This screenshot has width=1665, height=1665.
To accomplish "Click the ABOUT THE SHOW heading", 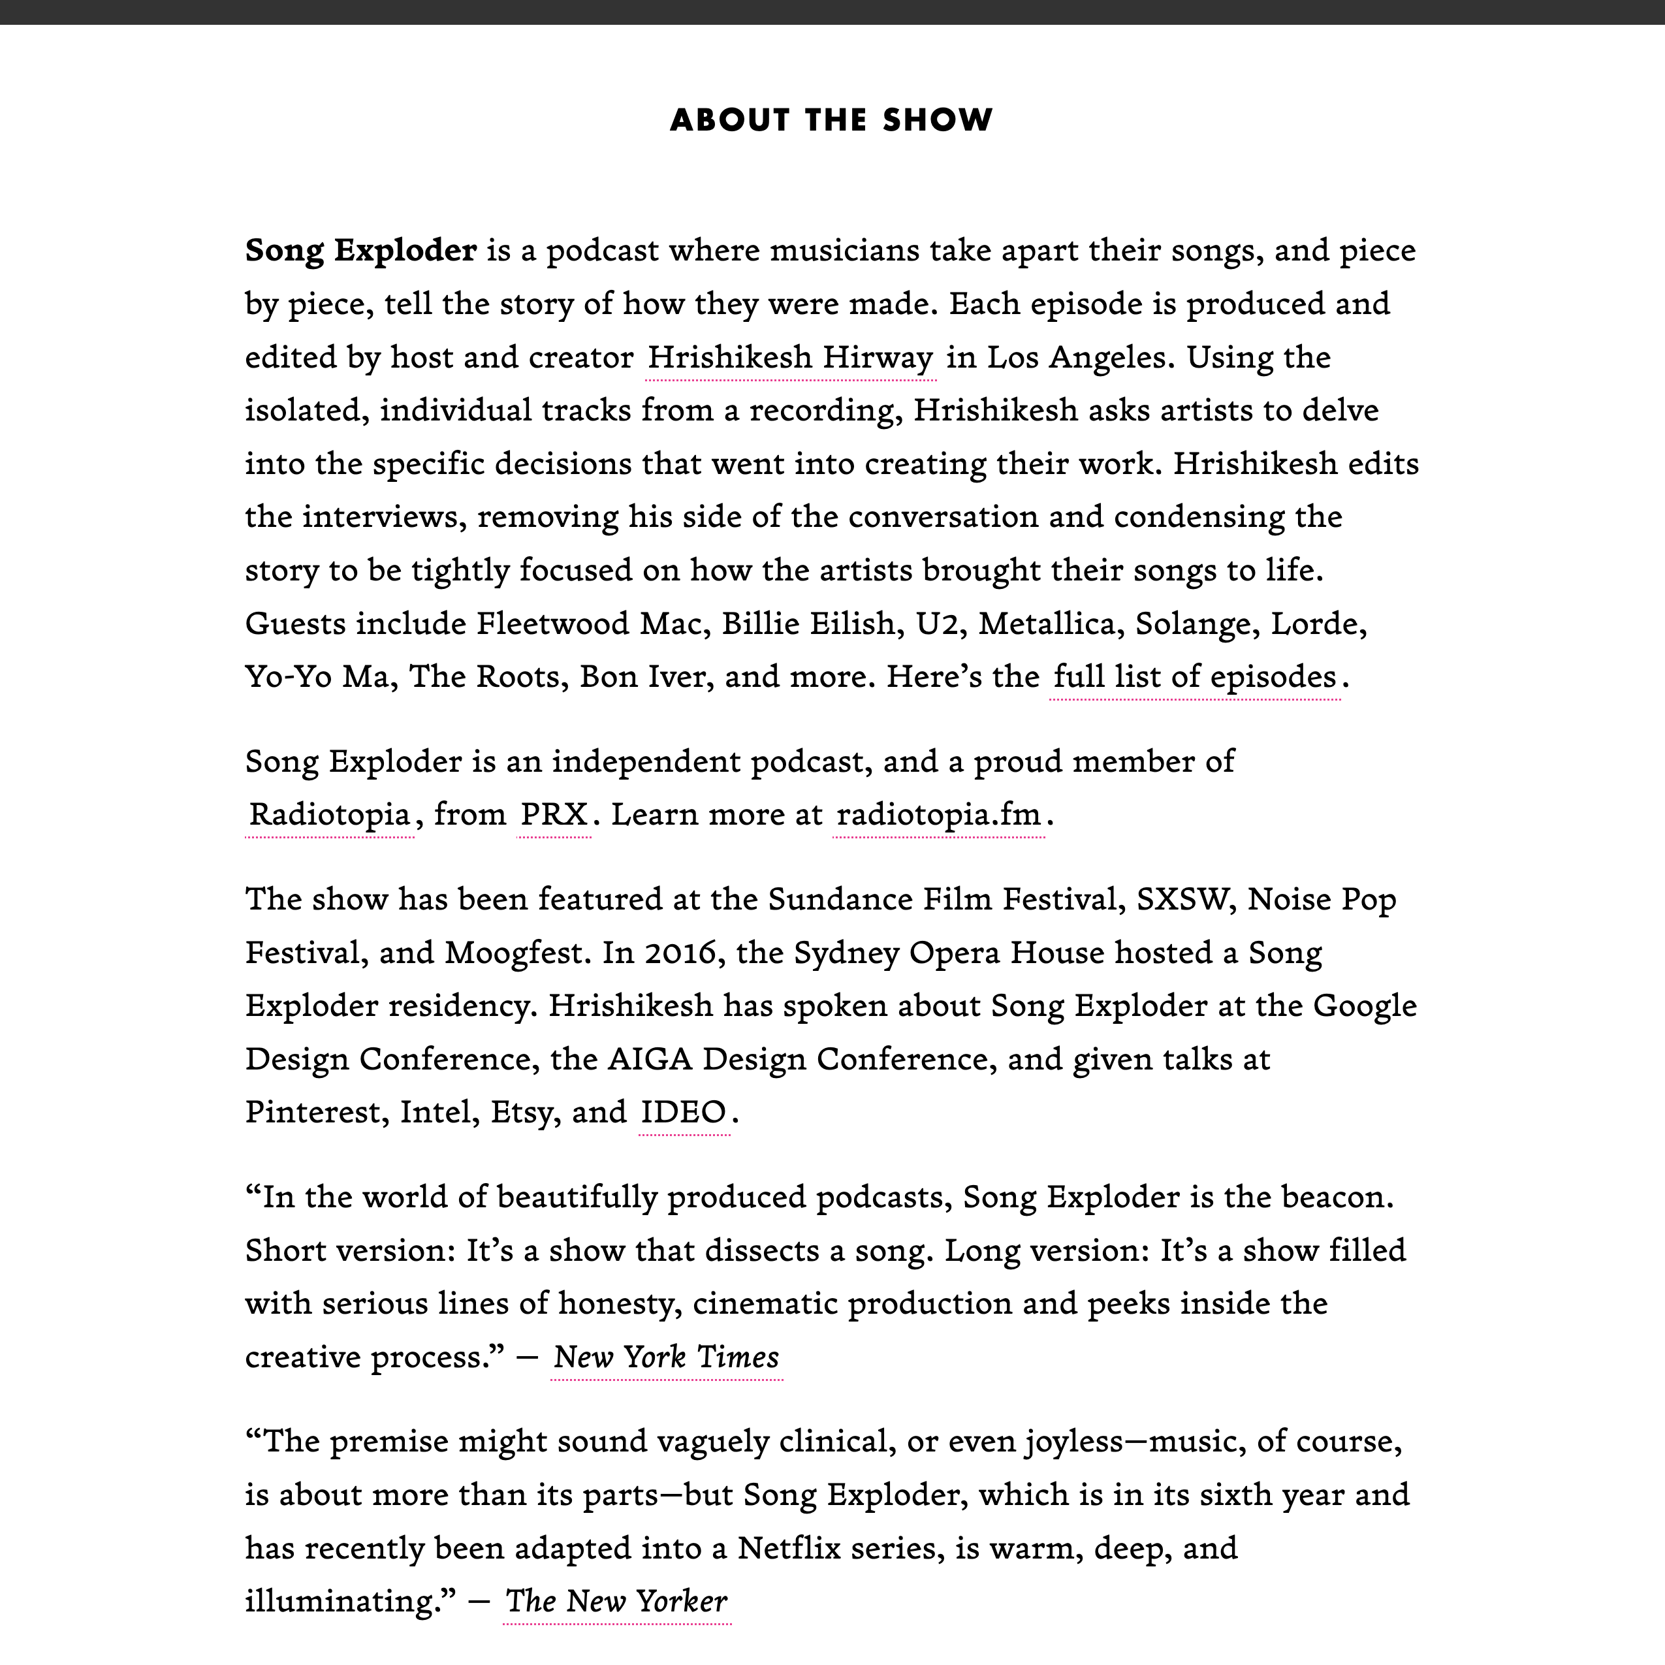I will pos(832,119).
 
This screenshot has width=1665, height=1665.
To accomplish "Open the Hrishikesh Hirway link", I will pos(790,358).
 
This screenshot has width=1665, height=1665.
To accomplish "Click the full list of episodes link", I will pos(1194,676).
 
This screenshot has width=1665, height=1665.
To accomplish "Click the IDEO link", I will pos(684,1113).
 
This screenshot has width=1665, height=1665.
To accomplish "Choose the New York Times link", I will pos(666,1357).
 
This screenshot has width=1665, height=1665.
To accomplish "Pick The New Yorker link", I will pos(616,1601).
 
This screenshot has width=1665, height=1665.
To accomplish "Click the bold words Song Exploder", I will pos(360,251).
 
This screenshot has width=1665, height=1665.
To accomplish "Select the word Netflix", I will pos(789,1549).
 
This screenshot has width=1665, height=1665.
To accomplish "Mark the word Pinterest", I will pos(317,1113).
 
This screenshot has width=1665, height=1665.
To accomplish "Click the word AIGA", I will pos(649,1059).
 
